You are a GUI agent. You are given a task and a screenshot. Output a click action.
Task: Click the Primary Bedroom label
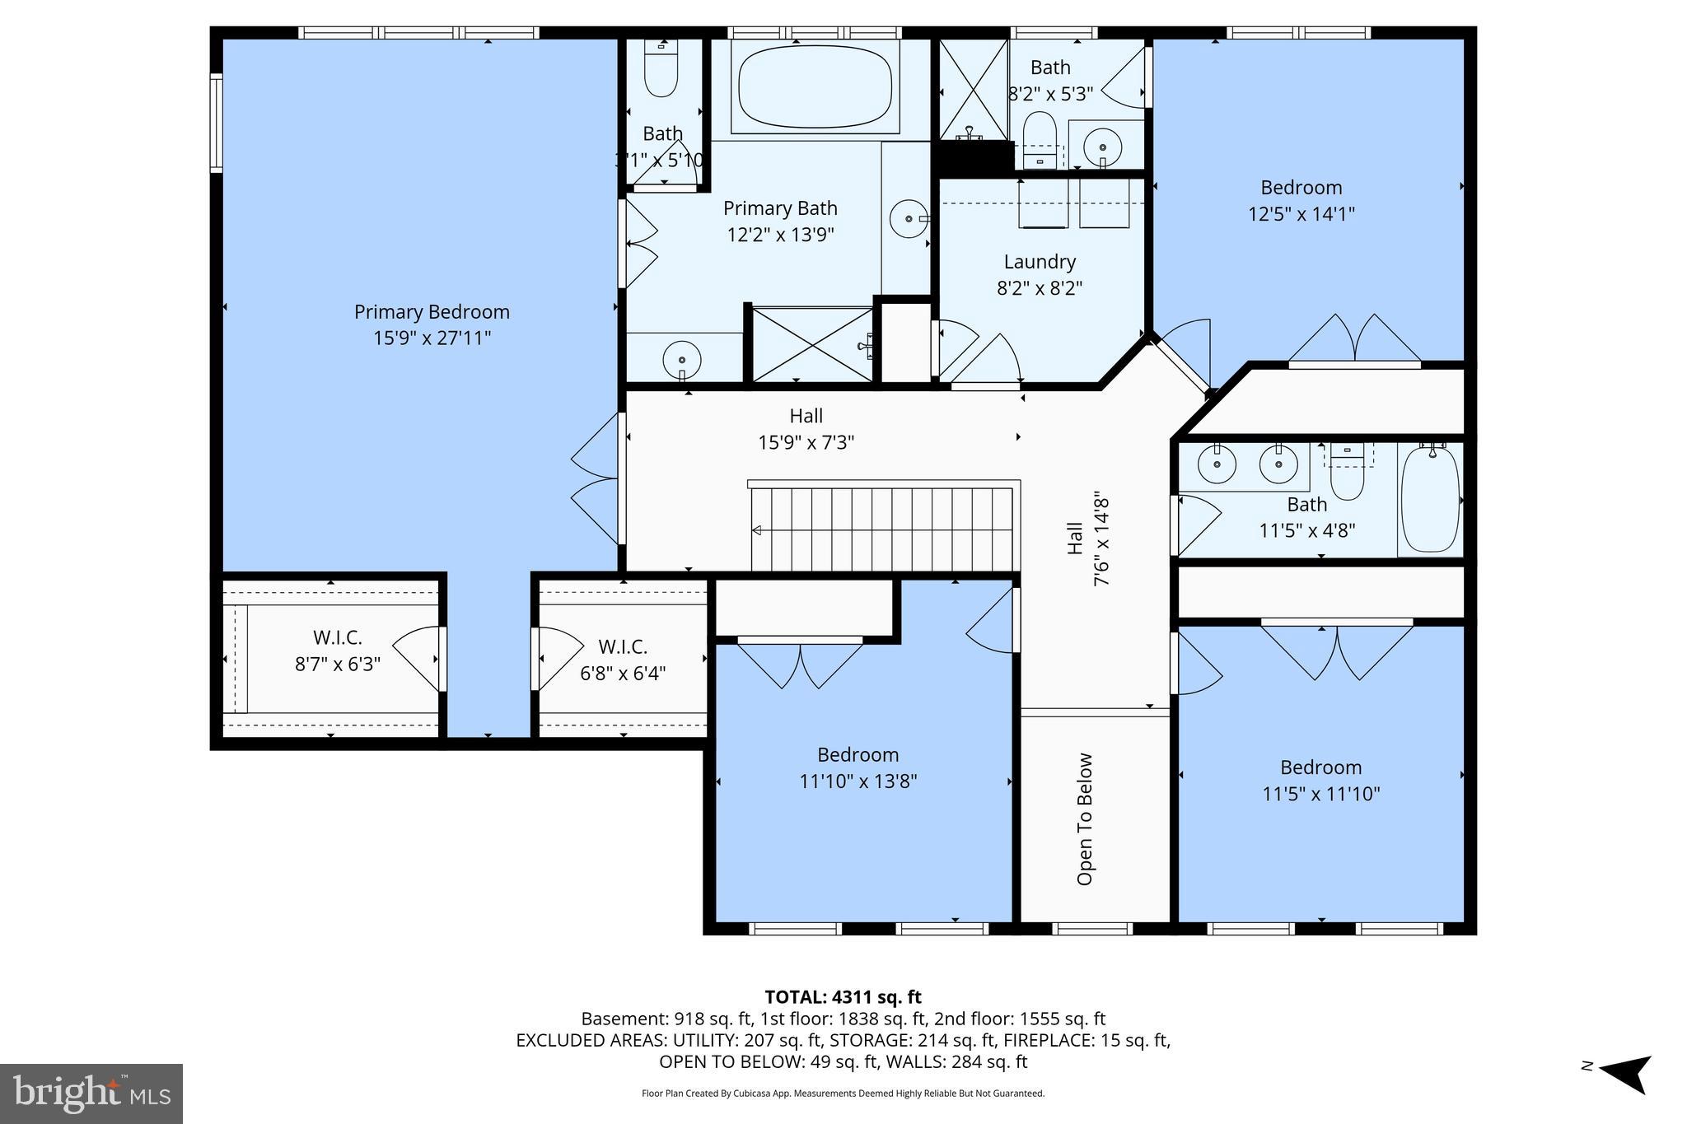[x=432, y=312]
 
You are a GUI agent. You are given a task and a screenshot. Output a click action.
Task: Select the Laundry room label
[x=1040, y=262]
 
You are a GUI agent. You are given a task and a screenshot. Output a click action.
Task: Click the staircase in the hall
[x=884, y=528]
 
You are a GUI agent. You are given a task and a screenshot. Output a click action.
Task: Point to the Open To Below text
[x=1085, y=819]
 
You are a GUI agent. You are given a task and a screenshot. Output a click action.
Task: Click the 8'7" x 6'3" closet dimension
[x=338, y=664]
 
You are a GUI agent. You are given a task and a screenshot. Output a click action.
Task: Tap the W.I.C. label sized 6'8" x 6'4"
[x=623, y=647]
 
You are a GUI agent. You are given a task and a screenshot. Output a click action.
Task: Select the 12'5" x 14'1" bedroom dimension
[x=1301, y=214]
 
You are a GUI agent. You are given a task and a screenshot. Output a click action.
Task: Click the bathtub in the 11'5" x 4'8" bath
[x=1431, y=499]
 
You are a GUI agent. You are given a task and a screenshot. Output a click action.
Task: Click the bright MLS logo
[x=91, y=1094]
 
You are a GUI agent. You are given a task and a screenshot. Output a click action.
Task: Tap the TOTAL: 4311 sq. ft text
[x=843, y=997]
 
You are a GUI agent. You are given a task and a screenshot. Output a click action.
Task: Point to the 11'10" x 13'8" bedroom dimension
[x=858, y=781]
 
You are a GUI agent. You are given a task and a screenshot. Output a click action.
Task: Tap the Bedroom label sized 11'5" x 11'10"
[x=1320, y=767]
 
